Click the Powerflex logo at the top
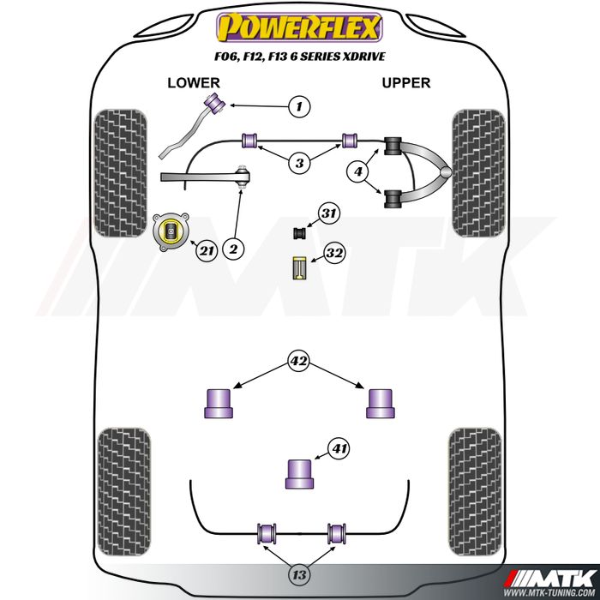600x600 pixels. point(297,27)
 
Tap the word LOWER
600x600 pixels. point(194,83)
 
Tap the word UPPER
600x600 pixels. point(405,83)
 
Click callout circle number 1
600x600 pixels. point(297,106)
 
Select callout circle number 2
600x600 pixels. point(233,249)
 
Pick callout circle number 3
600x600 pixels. point(297,163)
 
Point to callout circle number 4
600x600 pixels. point(359,172)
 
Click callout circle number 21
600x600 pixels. point(206,250)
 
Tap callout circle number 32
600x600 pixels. point(334,254)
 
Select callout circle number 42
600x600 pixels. point(297,362)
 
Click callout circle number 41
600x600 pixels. point(341,447)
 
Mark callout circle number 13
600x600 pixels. point(297,573)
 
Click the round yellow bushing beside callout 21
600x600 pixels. point(170,231)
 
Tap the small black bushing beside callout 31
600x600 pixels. point(301,232)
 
